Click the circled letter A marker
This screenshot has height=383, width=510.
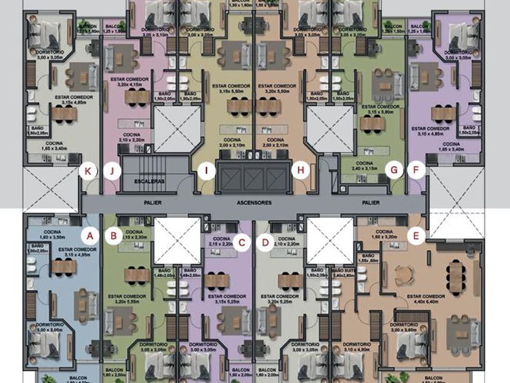point(90,235)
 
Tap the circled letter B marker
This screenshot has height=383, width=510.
point(113,235)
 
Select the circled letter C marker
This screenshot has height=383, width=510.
point(242,243)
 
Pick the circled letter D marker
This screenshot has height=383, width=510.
point(265,243)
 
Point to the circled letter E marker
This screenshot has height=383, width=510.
point(416,235)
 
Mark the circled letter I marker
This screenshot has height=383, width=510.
point(206,171)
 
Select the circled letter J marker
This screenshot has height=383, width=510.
point(112,171)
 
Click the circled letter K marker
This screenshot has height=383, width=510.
point(89,171)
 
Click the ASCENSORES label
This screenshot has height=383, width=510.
point(254,202)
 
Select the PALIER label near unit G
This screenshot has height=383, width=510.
point(370,202)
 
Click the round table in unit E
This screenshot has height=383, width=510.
point(404,276)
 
